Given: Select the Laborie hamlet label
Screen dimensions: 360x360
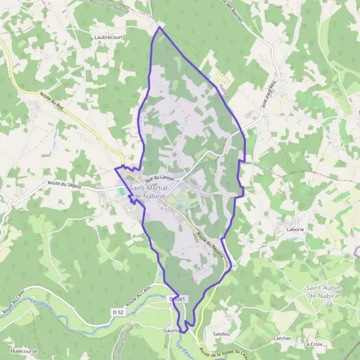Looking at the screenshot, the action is pos(289,229).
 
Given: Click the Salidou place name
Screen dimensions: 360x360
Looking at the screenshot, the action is pos(221,334).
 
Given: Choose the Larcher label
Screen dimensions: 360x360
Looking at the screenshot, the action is pos(281,338).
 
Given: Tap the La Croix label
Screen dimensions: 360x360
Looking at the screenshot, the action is pos(313,344).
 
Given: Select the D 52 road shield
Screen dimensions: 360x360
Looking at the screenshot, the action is pos(117,312).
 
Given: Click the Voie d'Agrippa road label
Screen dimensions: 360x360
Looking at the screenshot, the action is pos(268,94).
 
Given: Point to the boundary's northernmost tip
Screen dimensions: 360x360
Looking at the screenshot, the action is pos(159,27).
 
